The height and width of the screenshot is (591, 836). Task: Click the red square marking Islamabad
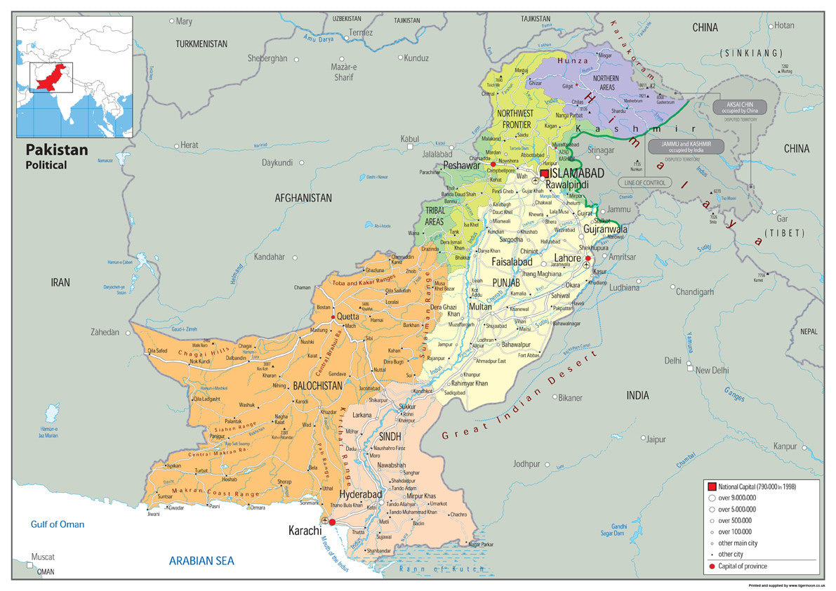544,173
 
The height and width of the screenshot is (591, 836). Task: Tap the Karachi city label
305,531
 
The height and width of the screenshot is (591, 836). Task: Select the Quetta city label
348,317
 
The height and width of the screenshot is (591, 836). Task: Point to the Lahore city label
567,258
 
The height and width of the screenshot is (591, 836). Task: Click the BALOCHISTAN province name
317,385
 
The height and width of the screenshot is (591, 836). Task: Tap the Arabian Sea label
201,561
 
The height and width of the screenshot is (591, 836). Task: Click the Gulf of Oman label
58,524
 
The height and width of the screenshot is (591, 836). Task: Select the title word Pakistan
57,150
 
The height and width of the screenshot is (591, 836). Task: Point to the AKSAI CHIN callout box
740,107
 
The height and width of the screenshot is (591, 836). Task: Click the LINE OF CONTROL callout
644,182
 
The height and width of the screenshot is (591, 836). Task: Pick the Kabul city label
409,139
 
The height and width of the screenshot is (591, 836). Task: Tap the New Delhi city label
712,370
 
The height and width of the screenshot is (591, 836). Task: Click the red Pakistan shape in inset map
51,77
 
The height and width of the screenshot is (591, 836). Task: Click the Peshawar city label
461,166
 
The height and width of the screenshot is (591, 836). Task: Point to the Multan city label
480,307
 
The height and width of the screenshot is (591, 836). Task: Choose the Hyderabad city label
361,494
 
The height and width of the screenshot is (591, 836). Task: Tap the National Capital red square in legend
711,486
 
